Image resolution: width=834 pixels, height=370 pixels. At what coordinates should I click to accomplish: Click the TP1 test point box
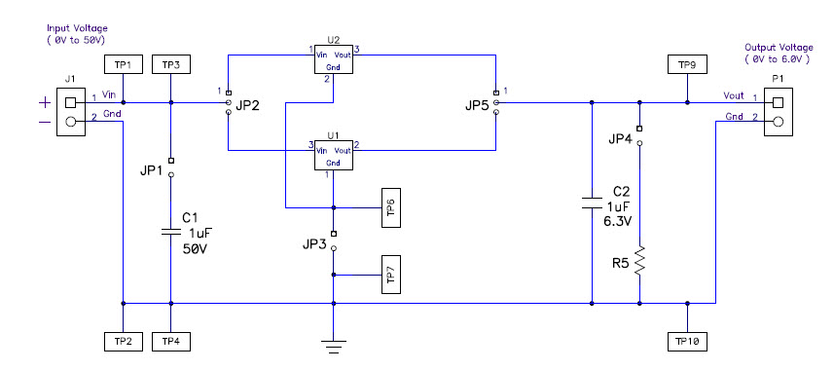[x=123, y=64]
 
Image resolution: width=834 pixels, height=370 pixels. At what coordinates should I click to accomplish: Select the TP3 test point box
[x=170, y=64]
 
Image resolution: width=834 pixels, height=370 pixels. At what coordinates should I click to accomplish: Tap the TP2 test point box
[x=123, y=341]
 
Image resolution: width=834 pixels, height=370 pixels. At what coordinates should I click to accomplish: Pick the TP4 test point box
[x=170, y=341]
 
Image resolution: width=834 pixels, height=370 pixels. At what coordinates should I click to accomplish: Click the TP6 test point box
[x=390, y=207]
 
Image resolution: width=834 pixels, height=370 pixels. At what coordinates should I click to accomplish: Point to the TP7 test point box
[x=390, y=276]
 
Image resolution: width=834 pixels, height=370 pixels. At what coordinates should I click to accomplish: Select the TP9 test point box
[x=686, y=64]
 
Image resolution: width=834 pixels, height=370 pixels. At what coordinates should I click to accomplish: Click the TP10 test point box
[x=686, y=341]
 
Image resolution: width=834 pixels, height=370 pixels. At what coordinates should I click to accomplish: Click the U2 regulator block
[x=334, y=58]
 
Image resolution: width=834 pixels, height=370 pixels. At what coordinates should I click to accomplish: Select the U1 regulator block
[x=334, y=155]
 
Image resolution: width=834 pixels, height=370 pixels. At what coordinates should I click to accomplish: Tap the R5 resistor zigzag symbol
[x=639, y=261]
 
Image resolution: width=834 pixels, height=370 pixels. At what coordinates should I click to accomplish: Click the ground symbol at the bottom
[x=334, y=343]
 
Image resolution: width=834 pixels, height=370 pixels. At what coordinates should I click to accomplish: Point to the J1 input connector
[x=69, y=110]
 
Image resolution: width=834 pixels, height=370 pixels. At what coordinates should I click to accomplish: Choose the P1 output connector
[x=777, y=110]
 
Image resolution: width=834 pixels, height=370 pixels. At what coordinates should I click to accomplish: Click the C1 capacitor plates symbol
[x=170, y=232]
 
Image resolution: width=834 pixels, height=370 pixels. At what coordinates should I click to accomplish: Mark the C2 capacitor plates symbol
[x=592, y=203]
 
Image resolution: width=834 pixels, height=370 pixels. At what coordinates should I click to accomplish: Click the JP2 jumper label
[x=248, y=105]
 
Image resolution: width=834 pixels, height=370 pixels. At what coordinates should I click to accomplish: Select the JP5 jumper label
[x=476, y=105]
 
